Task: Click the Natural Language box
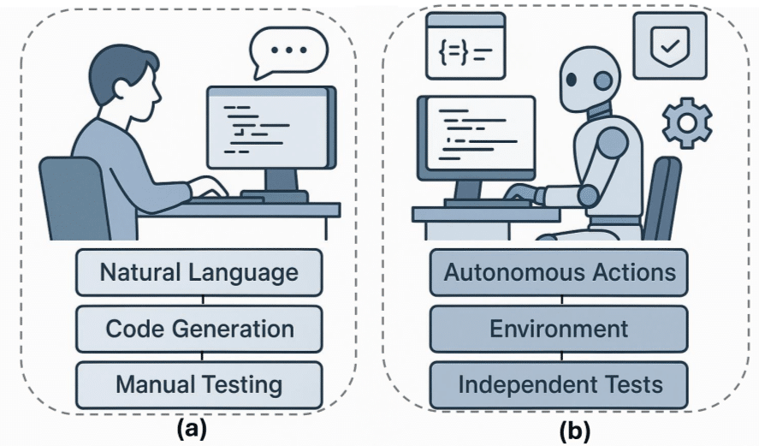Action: pyautogui.click(x=199, y=273)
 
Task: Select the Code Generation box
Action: pyautogui.click(x=199, y=329)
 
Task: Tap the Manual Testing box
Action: pyautogui.click(x=199, y=384)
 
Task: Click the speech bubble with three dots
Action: pyautogui.click(x=286, y=52)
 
